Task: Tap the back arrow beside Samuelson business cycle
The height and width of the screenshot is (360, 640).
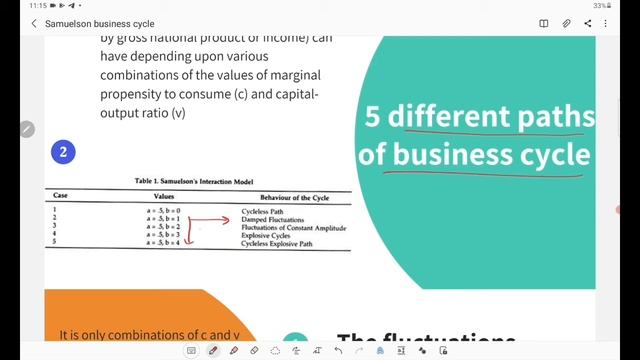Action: (34, 23)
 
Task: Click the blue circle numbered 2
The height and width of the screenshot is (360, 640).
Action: (63, 152)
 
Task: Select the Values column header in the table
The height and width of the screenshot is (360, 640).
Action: (165, 198)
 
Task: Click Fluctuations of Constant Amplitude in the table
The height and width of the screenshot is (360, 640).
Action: (294, 228)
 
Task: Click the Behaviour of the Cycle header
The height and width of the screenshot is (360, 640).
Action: (294, 198)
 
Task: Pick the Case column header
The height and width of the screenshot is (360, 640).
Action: (61, 198)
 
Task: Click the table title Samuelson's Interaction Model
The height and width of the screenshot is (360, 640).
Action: (195, 181)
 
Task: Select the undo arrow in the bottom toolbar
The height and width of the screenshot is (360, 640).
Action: (340, 351)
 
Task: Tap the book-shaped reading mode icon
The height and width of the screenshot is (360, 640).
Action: (544, 23)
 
